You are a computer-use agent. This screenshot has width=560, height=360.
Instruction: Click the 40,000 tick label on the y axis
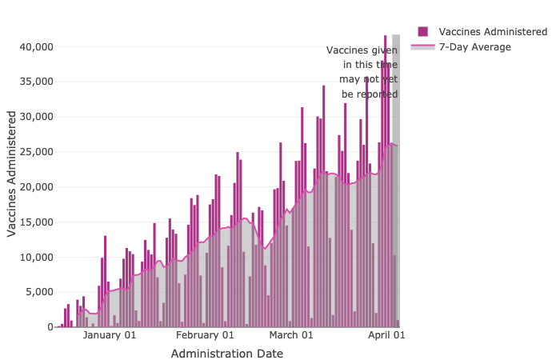point(35,46)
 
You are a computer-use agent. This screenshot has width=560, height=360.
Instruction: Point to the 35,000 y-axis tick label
point(35,82)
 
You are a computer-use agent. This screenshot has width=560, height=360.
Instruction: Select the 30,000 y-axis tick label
point(35,117)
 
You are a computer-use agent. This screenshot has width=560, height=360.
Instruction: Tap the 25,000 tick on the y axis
point(35,152)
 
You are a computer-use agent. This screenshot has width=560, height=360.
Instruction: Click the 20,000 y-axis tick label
point(35,187)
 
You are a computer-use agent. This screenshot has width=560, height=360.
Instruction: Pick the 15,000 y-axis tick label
point(35,222)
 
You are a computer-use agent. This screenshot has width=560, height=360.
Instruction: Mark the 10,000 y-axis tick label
point(35,257)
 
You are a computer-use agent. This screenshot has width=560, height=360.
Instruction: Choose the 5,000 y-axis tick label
point(38,292)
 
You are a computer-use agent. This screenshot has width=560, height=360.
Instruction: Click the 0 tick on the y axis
point(49,327)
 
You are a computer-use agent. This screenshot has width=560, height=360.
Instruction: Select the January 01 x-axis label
point(110,336)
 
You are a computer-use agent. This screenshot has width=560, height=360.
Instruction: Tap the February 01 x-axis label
point(205,336)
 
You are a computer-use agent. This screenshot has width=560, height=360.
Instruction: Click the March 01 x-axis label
point(291,336)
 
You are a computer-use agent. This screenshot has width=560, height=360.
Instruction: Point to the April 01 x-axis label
point(386,336)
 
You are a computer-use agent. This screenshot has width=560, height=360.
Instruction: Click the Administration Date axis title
point(226,354)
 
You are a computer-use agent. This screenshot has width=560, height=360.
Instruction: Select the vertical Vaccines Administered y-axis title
point(12,174)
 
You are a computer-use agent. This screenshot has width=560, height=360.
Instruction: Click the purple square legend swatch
point(423,32)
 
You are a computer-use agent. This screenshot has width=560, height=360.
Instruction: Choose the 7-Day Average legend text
point(474,47)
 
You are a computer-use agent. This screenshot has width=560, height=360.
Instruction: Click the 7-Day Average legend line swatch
point(422,47)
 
